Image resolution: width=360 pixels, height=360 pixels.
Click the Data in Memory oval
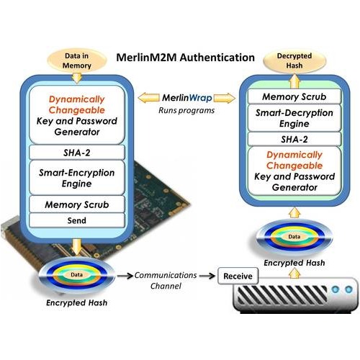coord(77,60)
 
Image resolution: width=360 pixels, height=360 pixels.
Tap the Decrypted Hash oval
coord(294,60)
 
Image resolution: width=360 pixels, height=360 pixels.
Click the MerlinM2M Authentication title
coord(185,58)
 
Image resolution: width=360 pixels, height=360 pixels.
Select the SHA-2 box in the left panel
coord(77,153)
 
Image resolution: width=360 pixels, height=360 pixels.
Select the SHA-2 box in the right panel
coord(294,139)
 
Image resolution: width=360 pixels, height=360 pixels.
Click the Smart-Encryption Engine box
coord(77,178)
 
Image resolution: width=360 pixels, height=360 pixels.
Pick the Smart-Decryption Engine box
coord(294,118)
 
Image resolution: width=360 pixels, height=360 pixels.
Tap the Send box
coord(77,220)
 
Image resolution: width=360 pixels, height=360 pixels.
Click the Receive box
coord(238,276)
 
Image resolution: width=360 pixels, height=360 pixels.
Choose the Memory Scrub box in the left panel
coord(77,204)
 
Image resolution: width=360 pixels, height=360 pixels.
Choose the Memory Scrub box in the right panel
coord(294,96)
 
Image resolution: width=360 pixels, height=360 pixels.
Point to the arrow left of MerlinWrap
coord(149,98)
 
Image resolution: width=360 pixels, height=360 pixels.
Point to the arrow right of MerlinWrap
coord(225,98)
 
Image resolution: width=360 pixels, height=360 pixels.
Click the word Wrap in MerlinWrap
coord(200,98)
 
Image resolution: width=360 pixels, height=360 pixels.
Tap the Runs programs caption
coord(186,110)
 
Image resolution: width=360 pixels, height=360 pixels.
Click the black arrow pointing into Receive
coord(207,276)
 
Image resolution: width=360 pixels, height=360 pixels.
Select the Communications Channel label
coord(166,280)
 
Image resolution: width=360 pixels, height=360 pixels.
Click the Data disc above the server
coord(294,237)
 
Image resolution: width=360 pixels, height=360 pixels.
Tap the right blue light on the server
coord(348,289)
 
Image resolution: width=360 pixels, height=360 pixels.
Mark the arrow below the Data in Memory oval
coord(77,77)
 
